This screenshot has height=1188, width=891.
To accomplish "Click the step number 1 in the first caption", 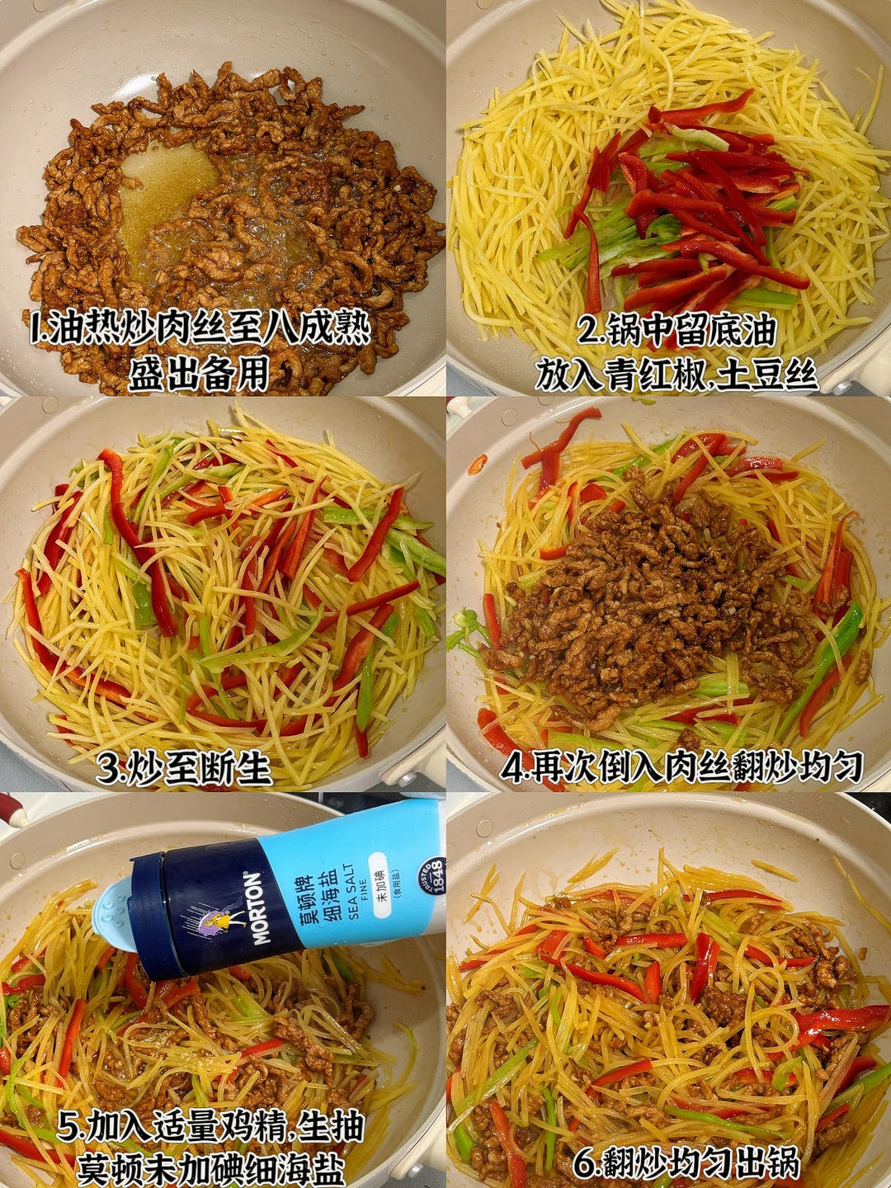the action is point(35,328).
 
